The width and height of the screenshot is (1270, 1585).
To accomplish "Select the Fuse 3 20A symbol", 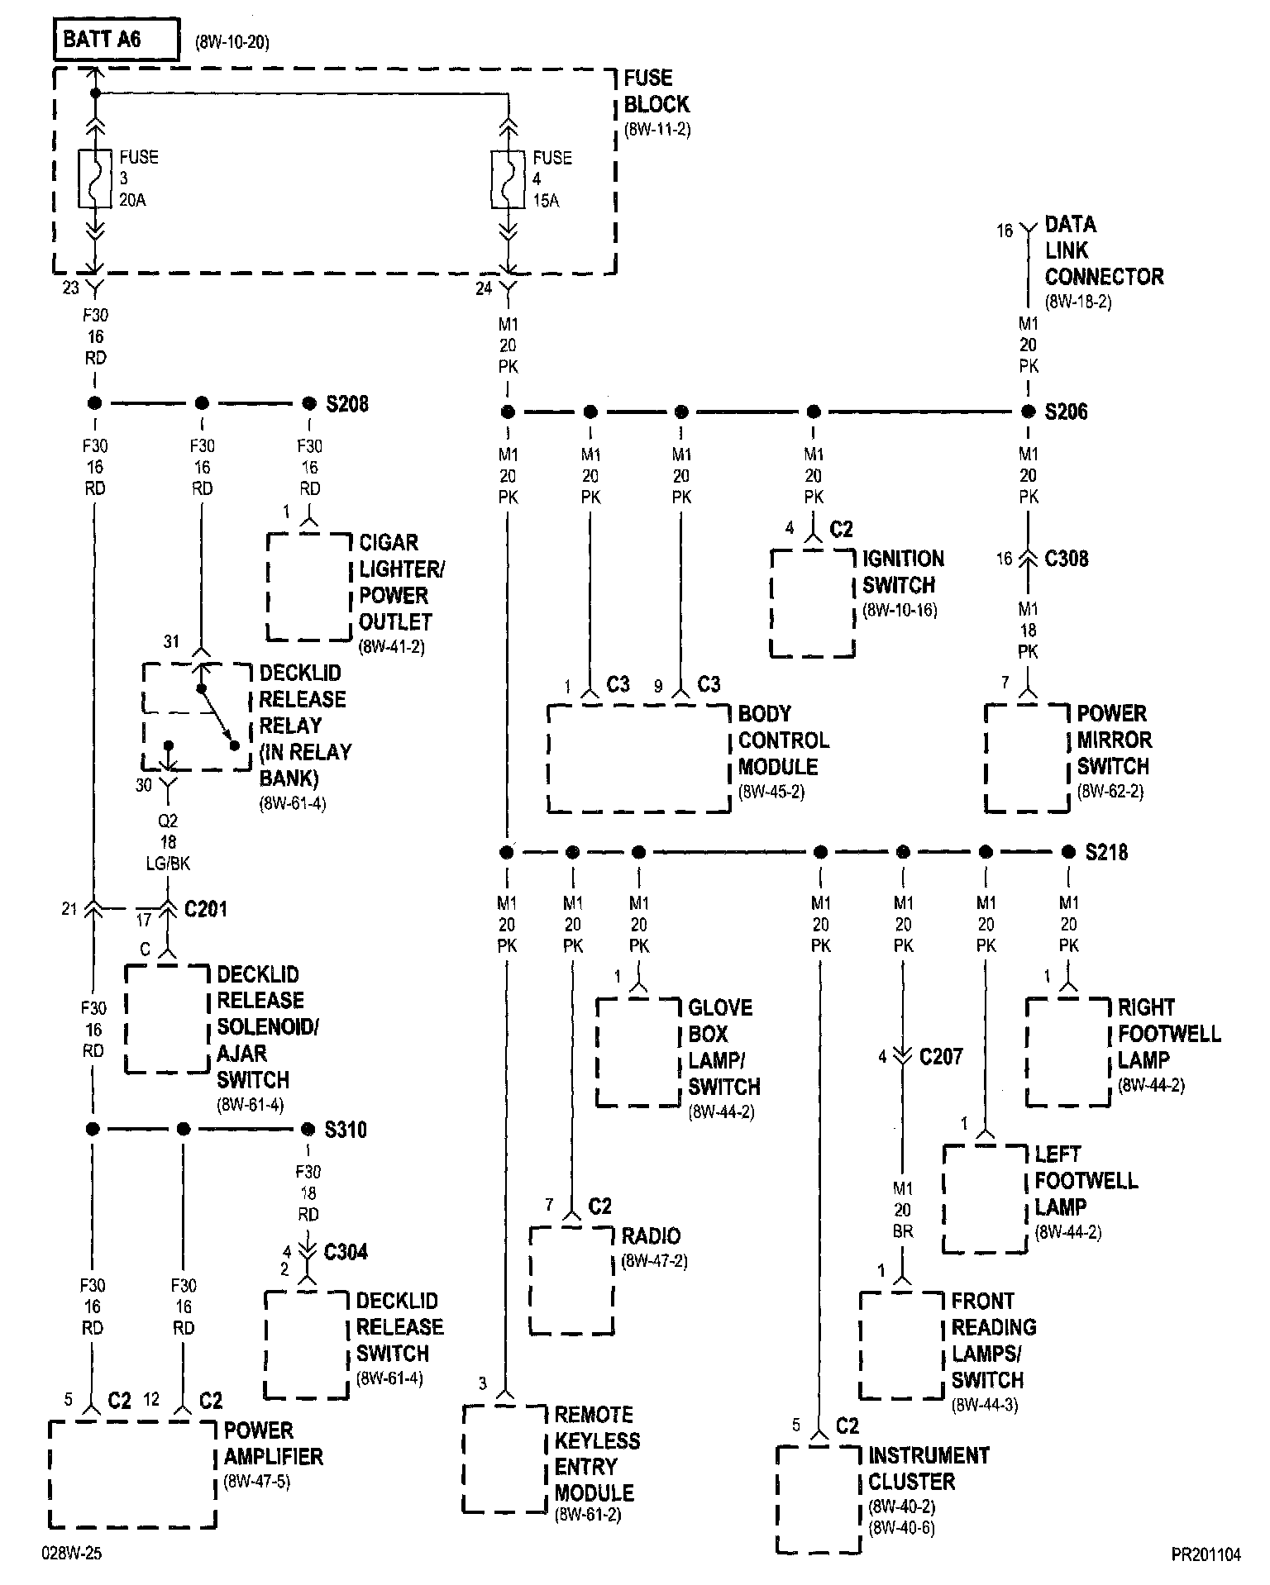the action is (95, 178).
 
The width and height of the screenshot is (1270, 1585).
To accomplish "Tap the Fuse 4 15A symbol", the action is (508, 178).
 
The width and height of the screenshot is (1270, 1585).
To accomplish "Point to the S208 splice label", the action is (347, 404).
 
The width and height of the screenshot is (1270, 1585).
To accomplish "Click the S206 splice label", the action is (1066, 412).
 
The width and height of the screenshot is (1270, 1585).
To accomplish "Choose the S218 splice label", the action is (1106, 852).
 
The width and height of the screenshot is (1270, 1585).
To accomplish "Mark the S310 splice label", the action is (346, 1130).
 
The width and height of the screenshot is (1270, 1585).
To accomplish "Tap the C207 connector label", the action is (941, 1057).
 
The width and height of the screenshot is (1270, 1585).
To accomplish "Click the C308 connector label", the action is (1067, 559).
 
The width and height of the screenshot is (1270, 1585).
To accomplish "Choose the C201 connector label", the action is (205, 910).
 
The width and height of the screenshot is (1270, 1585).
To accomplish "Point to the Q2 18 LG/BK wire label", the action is (169, 842).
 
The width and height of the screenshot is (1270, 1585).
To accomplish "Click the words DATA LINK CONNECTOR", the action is (1103, 250).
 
